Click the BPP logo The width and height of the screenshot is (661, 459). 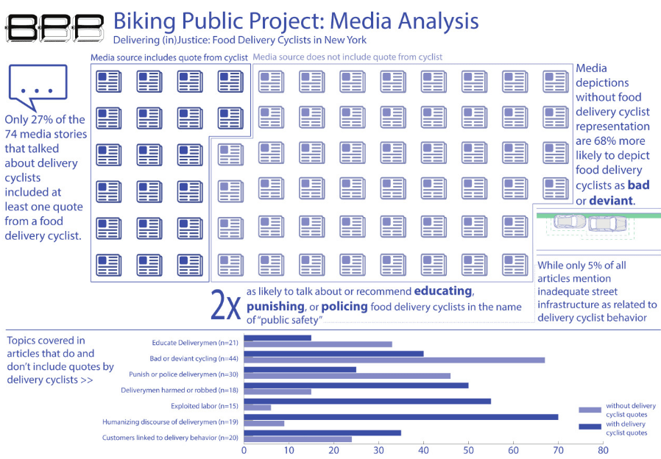(x=54, y=27)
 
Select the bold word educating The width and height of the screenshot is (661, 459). (x=443, y=291)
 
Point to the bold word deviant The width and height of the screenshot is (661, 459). (x=611, y=201)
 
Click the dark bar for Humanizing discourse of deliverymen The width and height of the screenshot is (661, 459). (x=400, y=416)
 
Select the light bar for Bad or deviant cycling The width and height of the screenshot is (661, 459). (x=394, y=360)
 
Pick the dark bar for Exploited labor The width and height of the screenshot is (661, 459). (x=367, y=402)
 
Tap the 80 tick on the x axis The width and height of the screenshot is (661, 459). (x=602, y=450)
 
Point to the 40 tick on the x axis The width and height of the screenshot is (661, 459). (x=423, y=450)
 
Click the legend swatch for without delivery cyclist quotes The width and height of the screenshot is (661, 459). (x=590, y=410)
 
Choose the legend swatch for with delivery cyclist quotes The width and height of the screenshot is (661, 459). (x=590, y=427)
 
